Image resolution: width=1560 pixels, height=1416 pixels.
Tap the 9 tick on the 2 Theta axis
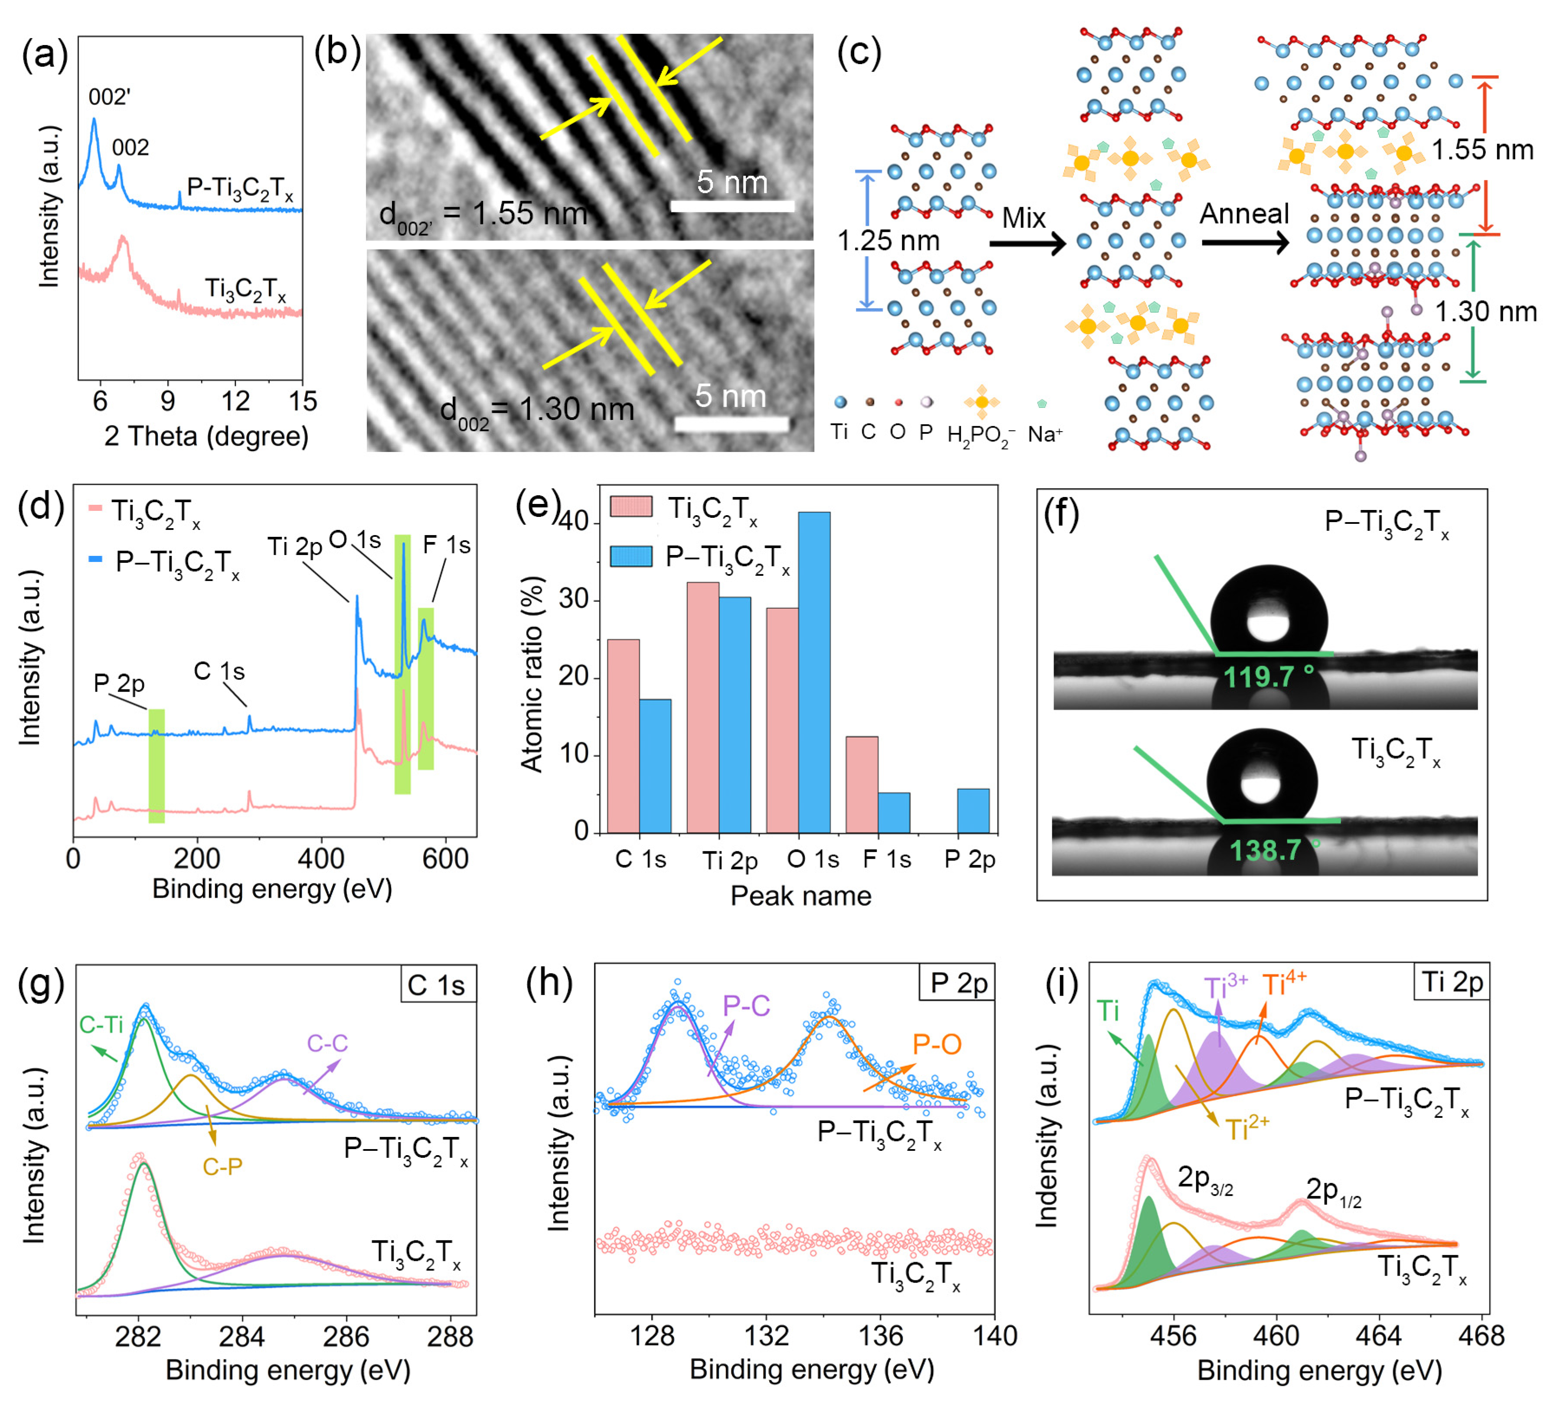[168, 401]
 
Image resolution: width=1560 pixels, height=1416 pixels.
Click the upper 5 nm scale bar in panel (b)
[732, 206]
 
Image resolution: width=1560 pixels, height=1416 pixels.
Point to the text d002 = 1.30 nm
[536, 410]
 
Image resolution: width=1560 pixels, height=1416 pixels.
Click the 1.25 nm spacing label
[888, 240]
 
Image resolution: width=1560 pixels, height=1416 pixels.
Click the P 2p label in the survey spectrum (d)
[119, 684]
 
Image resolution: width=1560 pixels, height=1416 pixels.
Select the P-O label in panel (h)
[937, 1045]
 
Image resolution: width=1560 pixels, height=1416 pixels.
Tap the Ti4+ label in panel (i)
[1285, 985]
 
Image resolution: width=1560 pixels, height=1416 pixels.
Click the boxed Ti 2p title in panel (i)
[1452, 982]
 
